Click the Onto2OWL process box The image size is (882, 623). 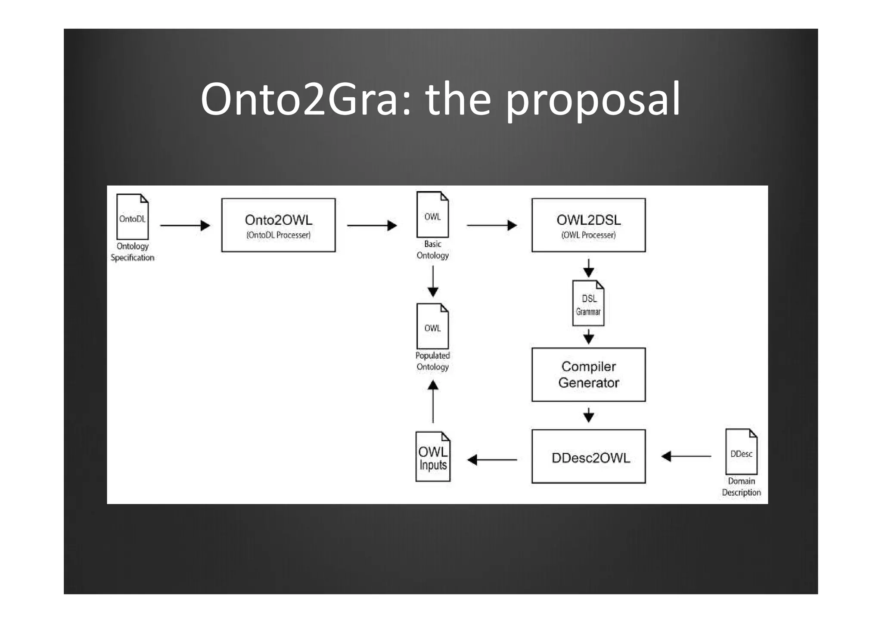click(x=278, y=225)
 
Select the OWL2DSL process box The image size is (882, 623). click(x=588, y=225)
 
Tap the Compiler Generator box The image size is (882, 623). click(x=588, y=375)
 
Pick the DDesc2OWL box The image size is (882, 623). click(x=588, y=456)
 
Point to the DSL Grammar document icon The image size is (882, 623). click(x=588, y=303)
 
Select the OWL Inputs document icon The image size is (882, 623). click(x=433, y=457)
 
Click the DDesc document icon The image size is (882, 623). click(x=741, y=452)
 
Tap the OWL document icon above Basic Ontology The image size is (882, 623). click(x=432, y=214)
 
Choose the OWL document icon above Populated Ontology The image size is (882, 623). click(x=432, y=326)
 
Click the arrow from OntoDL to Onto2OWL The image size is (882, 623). click(x=185, y=225)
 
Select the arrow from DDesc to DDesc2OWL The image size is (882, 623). click(x=686, y=456)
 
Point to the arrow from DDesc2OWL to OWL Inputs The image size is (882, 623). click(x=492, y=460)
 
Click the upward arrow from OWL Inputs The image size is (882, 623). click(x=433, y=402)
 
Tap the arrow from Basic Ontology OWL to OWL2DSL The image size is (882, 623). click(x=491, y=225)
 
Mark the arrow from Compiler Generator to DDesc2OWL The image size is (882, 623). click(x=589, y=415)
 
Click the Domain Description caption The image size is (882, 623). click(x=741, y=487)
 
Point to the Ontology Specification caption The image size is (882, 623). click(x=132, y=252)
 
